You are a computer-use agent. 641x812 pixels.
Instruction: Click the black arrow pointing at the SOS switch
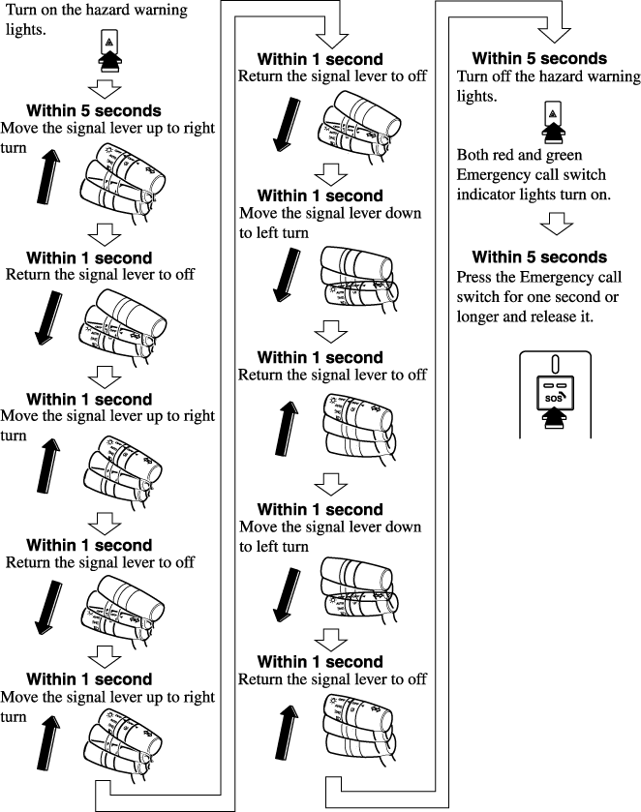click(553, 419)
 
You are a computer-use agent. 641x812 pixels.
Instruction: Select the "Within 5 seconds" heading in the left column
click(94, 110)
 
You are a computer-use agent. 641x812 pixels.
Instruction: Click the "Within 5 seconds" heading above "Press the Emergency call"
click(539, 256)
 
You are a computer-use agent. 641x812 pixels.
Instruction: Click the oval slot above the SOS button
click(553, 365)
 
